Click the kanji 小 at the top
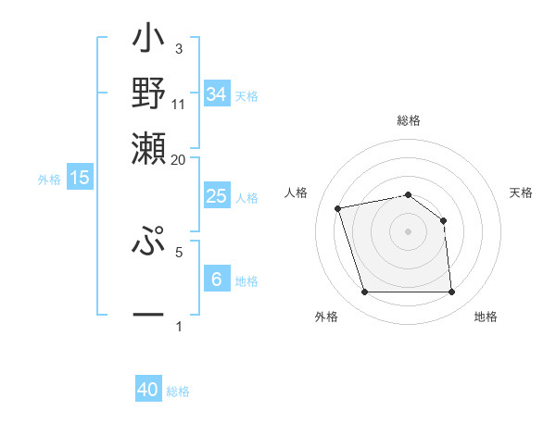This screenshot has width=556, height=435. pos(149,41)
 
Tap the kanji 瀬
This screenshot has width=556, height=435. pos(149,147)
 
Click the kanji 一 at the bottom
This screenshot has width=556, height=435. pos(149,315)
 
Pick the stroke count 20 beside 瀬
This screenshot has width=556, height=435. pos(179,159)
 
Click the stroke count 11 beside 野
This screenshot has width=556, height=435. pos(179,105)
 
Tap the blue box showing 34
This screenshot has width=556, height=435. pos(216,94)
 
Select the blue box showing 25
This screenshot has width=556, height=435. pos(216,196)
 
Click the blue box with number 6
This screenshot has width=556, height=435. pos(216,280)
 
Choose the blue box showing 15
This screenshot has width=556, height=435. pos(80,178)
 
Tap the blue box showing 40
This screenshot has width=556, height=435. pos(148,390)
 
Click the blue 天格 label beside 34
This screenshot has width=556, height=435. pos(246,96)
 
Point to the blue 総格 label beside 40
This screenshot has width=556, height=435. pos(178,391)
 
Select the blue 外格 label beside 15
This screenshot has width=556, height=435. pos(49,180)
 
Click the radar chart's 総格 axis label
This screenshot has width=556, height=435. pos(409,120)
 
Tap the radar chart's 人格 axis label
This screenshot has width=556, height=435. pos(297,193)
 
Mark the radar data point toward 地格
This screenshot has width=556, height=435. pos(451,292)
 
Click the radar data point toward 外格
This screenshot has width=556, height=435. pos(364,292)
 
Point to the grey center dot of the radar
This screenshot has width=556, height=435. pos(408,230)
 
